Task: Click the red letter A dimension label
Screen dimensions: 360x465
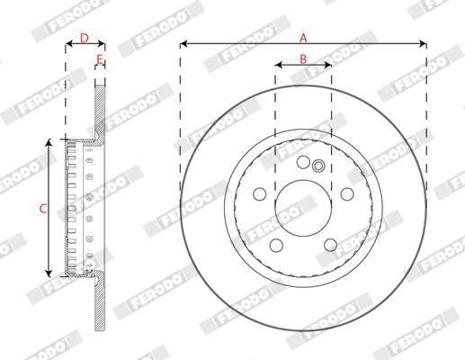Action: pyautogui.click(x=303, y=37)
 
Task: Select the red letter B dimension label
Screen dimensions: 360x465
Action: pyautogui.click(x=303, y=58)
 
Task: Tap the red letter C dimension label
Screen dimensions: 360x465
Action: pyautogui.click(x=41, y=208)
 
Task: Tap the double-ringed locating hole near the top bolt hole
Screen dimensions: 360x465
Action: pyautogui.click(x=317, y=165)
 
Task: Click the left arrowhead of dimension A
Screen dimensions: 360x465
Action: pyautogui.click(x=183, y=43)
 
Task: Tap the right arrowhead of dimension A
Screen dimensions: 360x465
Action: pyautogui.click(x=423, y=43)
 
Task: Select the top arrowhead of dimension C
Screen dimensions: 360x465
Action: pyautogui.click(x=49, y=142)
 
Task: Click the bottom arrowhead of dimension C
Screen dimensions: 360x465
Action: pyautogui.click(x=49, y=274)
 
